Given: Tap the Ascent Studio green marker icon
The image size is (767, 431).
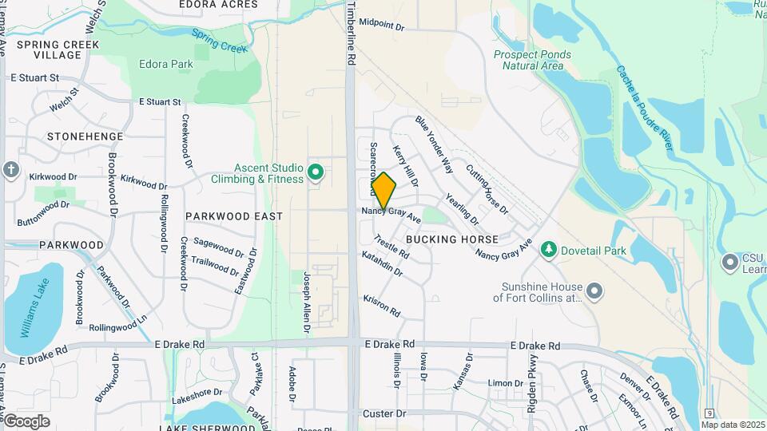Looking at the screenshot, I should click(316, 172).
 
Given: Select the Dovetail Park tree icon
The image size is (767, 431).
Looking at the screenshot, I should click(548, 251).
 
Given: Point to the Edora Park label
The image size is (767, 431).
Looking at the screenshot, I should click(166, 64).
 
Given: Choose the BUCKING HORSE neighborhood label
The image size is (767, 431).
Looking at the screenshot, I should click(452, 239).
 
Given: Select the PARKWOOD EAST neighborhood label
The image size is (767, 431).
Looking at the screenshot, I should click(234, 216).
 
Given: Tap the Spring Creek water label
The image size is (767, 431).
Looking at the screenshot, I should click(220, 41).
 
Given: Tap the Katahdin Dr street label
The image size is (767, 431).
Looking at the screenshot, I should click(382, 265).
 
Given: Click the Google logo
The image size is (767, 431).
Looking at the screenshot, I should click(26, 421).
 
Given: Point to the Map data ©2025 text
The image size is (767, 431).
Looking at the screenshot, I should click(733, 425).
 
